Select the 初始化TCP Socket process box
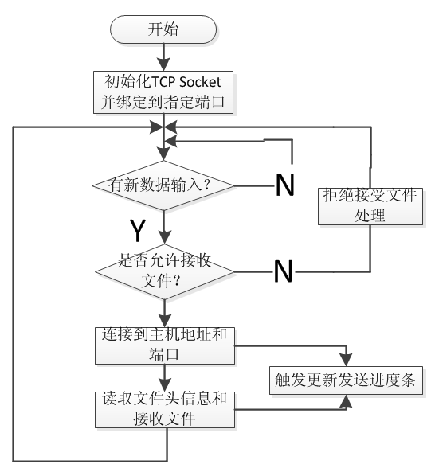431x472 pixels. tap(163, 92)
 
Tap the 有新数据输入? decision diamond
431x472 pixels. tap(163, 185)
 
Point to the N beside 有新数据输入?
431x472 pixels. tap(285, 185)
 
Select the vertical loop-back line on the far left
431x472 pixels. tap(14, 295)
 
